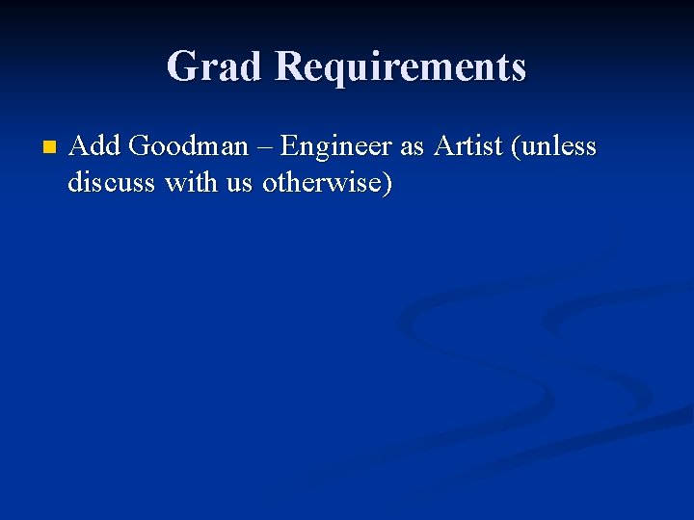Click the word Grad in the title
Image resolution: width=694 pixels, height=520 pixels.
click(215, 67)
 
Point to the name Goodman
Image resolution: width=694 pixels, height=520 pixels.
click(188, 147)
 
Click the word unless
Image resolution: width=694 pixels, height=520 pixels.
click(560, 147)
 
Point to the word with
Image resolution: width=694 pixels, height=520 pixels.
click(192, 182)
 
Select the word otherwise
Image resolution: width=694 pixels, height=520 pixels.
click(321, 182)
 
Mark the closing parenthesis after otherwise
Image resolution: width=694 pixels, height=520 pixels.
click(387, 183)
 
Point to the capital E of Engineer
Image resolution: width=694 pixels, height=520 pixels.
click(288, 147)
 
